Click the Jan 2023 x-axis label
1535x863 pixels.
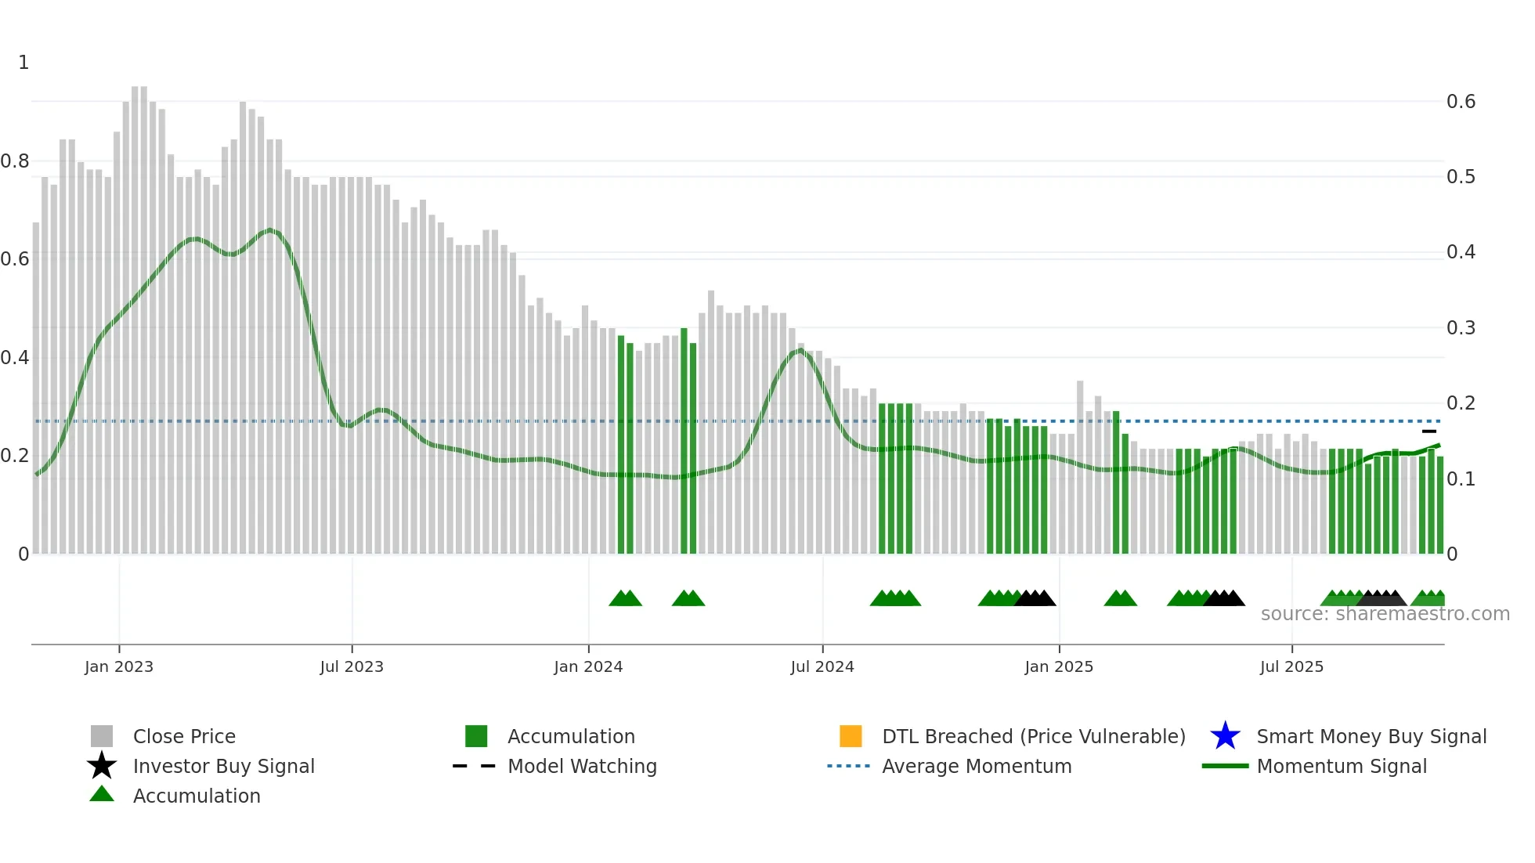(x=119, y=666)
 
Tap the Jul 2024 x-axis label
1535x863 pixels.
(x=822, y=666)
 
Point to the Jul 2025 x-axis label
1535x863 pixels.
(x=1291, y=666)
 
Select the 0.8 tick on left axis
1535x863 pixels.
(x=15, y=161)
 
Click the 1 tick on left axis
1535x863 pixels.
(x=23, y=63)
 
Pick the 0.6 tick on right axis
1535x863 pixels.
(x=1461, y=102)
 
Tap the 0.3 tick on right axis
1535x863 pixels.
(x=1461, y=327)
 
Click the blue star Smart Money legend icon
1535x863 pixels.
(x=1225, y=736)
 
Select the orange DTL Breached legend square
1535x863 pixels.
(x=851, y=736)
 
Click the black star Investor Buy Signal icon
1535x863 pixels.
(x=102, y=766)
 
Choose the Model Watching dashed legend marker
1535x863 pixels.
(x=475, y=766)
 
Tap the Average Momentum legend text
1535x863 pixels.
(x=977, y=766)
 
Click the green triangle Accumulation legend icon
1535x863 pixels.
(x=102, y=794)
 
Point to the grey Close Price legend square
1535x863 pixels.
(x=102, y=736)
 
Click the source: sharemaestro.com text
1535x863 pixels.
(x=1385, y=614)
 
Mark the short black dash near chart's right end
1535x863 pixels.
(x=1429, y=431)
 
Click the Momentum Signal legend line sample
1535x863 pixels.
(x=1225, y=766)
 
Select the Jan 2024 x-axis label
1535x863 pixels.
(x=588, y=666)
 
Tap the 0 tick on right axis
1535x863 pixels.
(x=1452, y=554)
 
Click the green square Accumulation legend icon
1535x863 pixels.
(x=476, y=736)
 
